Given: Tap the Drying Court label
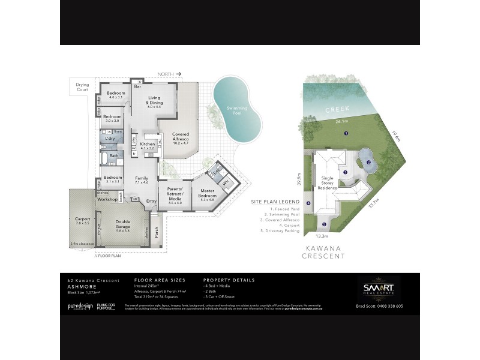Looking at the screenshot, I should tap(82, 87).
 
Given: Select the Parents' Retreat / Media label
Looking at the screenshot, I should tap(170, 194).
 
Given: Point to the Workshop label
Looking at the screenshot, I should tap(107, 199).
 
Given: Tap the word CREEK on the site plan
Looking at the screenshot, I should tap(333, 110).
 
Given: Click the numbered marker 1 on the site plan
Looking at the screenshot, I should tap(346, 133).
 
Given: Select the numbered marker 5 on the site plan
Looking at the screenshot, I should tap(324, 225).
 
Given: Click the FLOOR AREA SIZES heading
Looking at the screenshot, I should tap(160, 280).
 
